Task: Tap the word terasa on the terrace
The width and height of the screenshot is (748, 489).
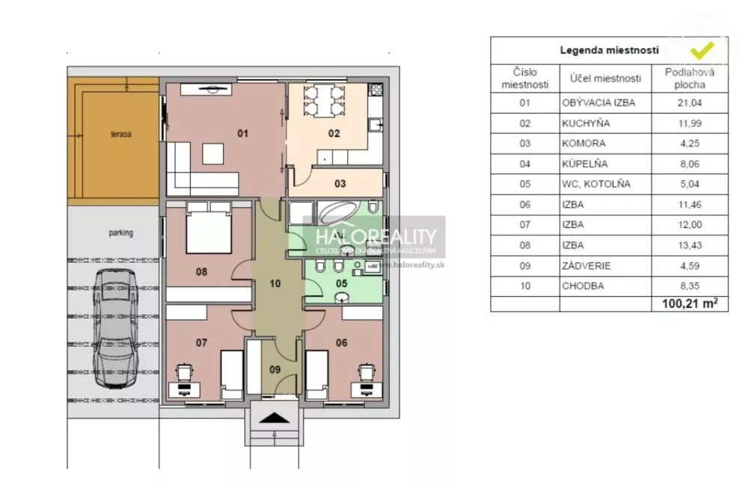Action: [120, 135]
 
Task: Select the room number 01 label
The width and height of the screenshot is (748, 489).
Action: [242, 134]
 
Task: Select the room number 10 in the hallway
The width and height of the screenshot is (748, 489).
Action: [275, 284]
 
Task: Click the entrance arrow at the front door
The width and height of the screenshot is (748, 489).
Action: [276, 419]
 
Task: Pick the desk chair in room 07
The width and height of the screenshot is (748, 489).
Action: [183, 371]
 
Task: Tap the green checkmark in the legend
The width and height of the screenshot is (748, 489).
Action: [701, 51]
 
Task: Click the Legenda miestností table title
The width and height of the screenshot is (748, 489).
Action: [609, 51]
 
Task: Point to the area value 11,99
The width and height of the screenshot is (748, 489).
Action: [690, 123]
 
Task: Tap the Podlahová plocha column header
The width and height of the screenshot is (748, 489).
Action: [690, 78]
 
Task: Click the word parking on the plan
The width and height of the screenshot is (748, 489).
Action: [120, 233]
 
